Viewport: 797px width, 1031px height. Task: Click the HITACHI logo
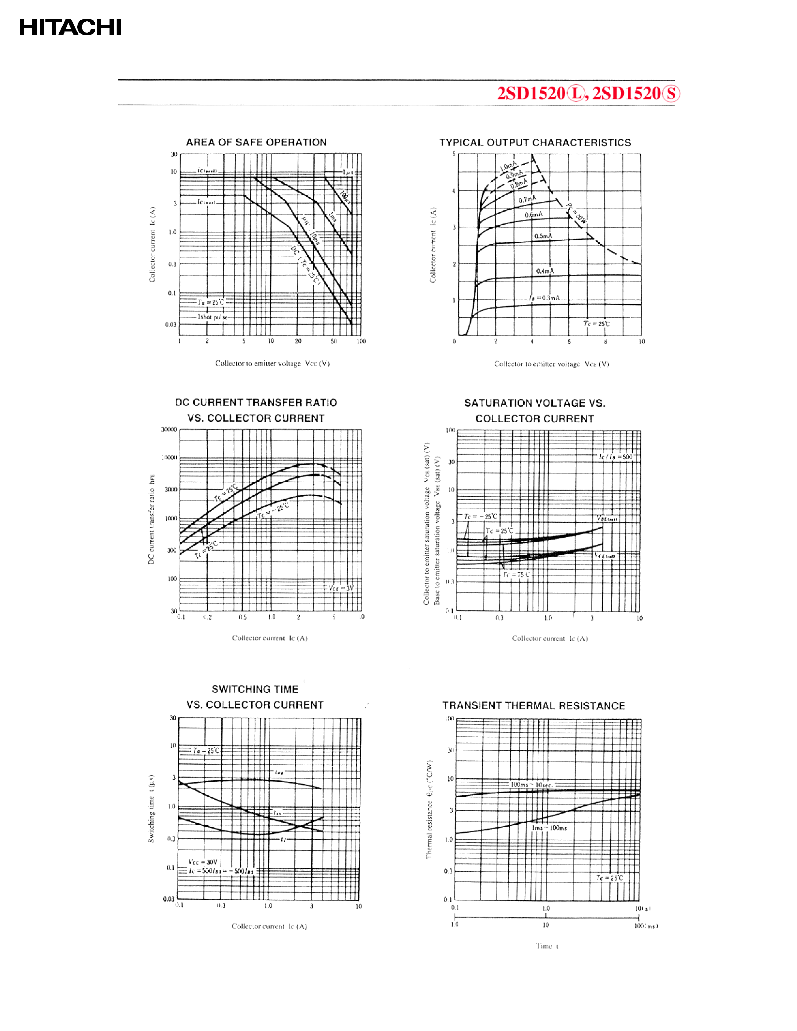(x=71, y=27)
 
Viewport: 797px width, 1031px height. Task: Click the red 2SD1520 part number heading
(x=588, y=93)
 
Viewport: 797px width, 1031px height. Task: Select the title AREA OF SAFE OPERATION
(x=257, y=142)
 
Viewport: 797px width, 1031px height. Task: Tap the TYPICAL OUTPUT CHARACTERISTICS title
(x=535, y=142)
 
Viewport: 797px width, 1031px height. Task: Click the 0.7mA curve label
(x=527, y=200)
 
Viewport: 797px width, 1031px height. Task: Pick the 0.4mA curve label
(x=545, y=271)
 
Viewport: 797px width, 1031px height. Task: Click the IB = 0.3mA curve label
(x=544, y=298)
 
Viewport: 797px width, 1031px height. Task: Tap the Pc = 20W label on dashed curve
(x=577, y=213)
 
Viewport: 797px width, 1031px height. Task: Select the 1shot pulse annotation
(x=212, y=317)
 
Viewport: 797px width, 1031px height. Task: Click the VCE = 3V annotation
(x=341, y=588)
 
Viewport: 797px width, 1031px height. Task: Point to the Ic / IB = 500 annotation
(x=615, y=457)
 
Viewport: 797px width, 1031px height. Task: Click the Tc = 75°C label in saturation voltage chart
(x=516, y=574)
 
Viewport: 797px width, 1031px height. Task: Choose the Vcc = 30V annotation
(x=203, y=862)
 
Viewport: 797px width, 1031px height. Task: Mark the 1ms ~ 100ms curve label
(x=549, y=828)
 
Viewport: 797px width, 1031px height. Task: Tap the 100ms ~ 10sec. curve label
(x=531, y=785)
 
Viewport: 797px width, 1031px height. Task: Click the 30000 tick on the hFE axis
(x=169, y=430)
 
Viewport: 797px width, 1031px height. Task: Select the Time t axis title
(x=547, y=946)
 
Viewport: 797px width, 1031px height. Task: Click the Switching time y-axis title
(x=151, y=808)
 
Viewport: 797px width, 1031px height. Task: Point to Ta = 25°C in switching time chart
(x=206, y=751)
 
